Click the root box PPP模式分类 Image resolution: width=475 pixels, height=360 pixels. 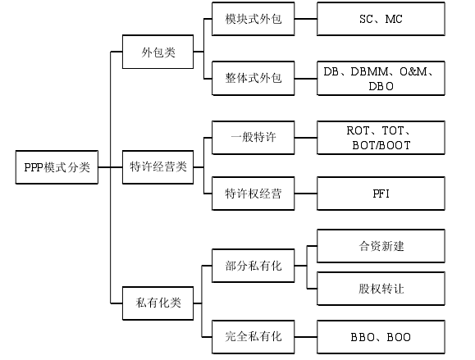click(57, 166)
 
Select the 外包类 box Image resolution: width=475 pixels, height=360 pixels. click(158, 52)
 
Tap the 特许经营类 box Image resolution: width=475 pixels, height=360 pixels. click(158, 166)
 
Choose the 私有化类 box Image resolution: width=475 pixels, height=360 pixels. click(158, 303)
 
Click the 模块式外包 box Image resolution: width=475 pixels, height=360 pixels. click(253, 19)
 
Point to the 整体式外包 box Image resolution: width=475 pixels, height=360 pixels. click(253, 79)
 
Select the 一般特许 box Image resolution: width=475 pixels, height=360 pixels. click(253, 138)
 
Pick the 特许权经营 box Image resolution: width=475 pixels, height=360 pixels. click(253, 194)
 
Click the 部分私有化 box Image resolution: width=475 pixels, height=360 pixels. click(253, 266)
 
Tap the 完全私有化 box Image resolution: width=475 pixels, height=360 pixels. click(253, 337)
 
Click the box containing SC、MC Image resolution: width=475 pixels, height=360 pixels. click(381, 19)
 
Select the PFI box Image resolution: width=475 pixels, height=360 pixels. click(381, 194)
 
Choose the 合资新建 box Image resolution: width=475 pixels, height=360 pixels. click(381, 246)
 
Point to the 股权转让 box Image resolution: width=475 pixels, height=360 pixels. click(381, 289)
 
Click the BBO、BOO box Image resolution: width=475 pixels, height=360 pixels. click(381, 337)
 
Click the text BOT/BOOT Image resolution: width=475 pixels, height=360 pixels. click(381, 146)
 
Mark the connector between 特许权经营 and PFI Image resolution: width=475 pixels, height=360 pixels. click(306, 194)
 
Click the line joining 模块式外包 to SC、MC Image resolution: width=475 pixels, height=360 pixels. click(306, 19)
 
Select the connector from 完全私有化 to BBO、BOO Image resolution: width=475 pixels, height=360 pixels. click(306, 337)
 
